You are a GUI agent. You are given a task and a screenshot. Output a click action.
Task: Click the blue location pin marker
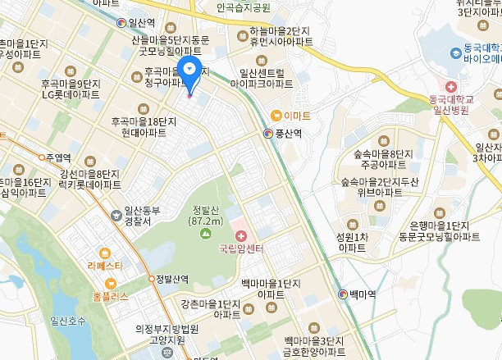189,71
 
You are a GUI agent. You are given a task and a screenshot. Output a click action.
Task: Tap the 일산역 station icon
122,23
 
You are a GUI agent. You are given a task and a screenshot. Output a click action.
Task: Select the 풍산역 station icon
267,133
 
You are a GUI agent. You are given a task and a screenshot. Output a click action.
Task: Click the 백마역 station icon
342,294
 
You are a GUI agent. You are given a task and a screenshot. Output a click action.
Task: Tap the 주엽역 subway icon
40,157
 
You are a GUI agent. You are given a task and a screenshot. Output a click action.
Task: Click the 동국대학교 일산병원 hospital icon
450,86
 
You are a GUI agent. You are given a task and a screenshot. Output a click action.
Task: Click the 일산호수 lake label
67,321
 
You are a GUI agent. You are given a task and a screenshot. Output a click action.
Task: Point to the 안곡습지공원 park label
243,7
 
